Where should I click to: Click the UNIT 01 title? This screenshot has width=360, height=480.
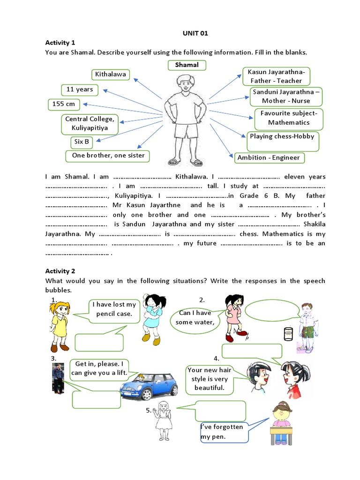tap(195, 33)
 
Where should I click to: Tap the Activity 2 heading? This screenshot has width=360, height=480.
tap(60, 271)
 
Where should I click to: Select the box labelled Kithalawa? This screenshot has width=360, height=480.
tap(111, 74)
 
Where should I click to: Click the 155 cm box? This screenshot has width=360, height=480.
tap(64, 104)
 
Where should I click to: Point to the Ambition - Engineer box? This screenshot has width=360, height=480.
tap(269, 157)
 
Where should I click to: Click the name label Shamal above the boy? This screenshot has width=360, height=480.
tap(187, 65)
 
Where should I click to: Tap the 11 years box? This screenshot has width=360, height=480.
tap(80, 90)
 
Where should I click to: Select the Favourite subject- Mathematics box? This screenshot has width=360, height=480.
tap(289, 118)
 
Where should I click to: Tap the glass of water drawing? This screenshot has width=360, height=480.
tap(288, 334)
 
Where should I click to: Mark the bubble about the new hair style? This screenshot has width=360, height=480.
tap(209, 379)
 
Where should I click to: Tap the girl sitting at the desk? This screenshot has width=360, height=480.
tap(281, 422)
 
